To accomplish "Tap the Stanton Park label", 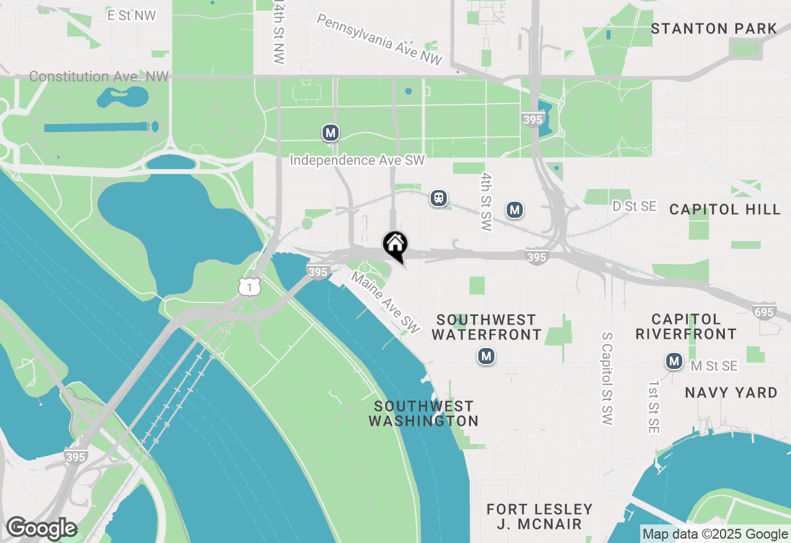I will (714, 28).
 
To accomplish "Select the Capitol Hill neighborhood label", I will (725, 209).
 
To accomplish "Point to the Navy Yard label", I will (731, 392).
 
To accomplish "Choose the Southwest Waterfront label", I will (486, 327).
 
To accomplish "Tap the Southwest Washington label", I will (423, 413).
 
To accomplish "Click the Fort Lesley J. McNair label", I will (539, 516).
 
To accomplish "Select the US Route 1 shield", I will (250, 286).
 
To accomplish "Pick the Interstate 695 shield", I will (764, 312).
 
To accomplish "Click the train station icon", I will (439, 198).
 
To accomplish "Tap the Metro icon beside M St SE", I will (674, 361).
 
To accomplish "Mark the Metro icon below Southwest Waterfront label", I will (486, 356).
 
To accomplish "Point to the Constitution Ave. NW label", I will (99, 77).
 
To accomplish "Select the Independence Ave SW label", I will (357, 160).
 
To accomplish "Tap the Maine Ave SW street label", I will (385, 300).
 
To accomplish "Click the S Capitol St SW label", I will (606, 378).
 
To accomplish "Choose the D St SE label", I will (634, 206).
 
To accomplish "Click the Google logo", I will (41, 529).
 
